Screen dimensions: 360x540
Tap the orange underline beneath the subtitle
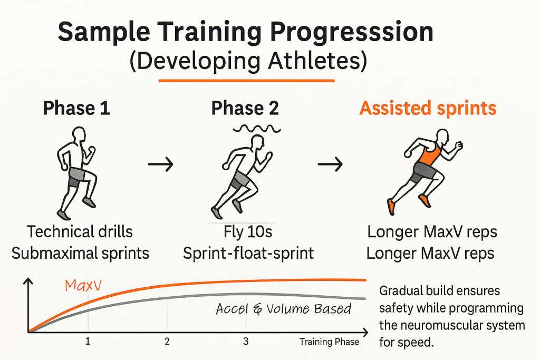pyautogui.click(x=247, y=81)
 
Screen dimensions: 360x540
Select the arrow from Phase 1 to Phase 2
pyautogui.click(x=160, y=166)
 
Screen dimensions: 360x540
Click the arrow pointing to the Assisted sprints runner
pyautogui.click(x=330, y=166)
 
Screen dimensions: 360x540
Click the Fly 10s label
pyautogui.click(x=248, y=231)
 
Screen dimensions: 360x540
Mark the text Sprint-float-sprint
pyautogui.click(x=248, y=253)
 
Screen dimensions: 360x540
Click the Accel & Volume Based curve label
pyautogui.click(x=283, y=308)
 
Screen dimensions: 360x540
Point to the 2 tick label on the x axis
pyautogui.click(x=167, y=342)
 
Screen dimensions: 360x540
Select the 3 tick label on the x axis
pyautogui.click(x=246, y=342)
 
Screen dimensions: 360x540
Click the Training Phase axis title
pyautogui.click(x=329, y=342)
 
